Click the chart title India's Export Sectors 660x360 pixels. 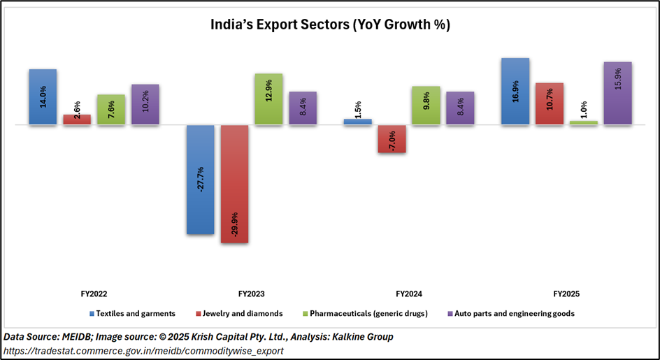(330, 25)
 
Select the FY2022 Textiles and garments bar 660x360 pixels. (43, 97)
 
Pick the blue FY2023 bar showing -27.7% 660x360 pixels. (200, 180)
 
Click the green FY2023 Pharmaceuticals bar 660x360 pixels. (268, 99)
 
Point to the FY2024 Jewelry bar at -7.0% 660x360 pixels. (392, 139)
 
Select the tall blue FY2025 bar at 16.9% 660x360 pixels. (515, 92)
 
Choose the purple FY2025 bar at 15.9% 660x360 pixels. (618, 94)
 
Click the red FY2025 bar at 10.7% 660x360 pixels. (550, 104)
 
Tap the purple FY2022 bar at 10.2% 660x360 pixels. (145, 105)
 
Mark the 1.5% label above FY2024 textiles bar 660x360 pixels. (357, 109)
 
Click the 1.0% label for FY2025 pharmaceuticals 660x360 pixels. (584, 110)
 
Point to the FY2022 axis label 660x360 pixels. (94, 294)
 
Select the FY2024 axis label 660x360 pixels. (409, 294)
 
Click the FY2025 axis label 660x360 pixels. (566, 294)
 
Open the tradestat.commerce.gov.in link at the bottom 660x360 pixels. (143, 351)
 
